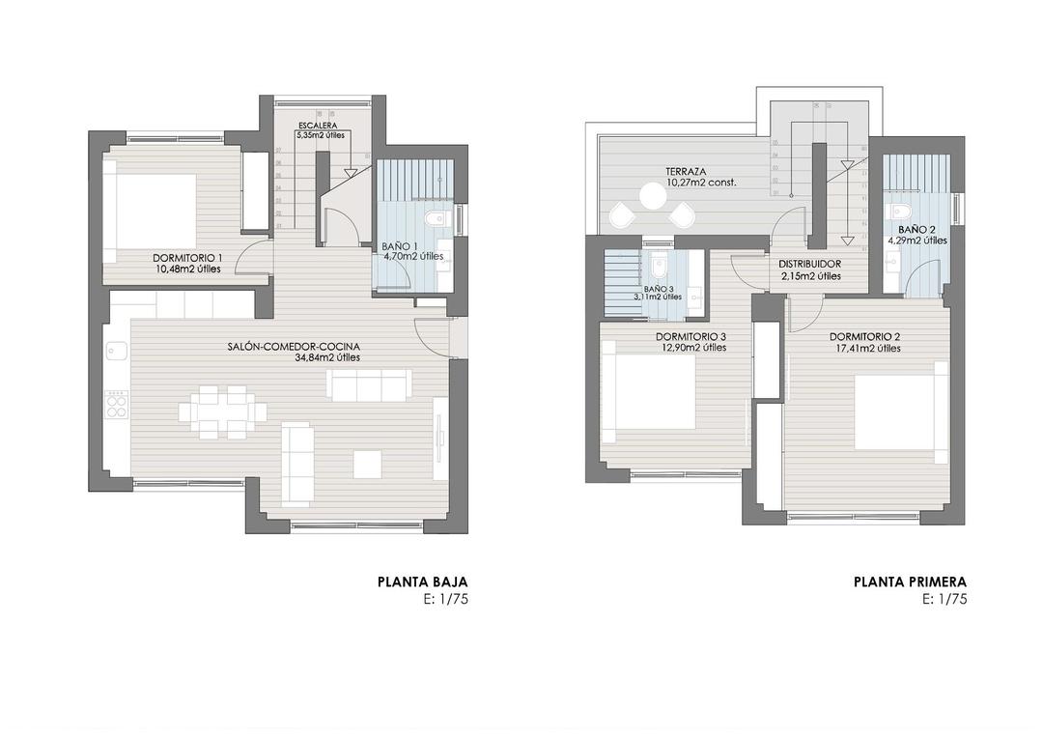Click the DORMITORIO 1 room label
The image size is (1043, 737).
(186, 258)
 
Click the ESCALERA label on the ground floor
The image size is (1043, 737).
(318, 127)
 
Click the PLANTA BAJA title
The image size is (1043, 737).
(422, 582)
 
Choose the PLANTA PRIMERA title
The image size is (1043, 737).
(910, 582)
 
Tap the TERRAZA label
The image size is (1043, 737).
(685, 172)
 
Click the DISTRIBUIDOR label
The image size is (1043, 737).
(809, 264)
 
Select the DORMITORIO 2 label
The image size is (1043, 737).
(864, 337)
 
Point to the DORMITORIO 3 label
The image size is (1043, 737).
(691, 337)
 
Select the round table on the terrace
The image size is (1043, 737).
(652, 196)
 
